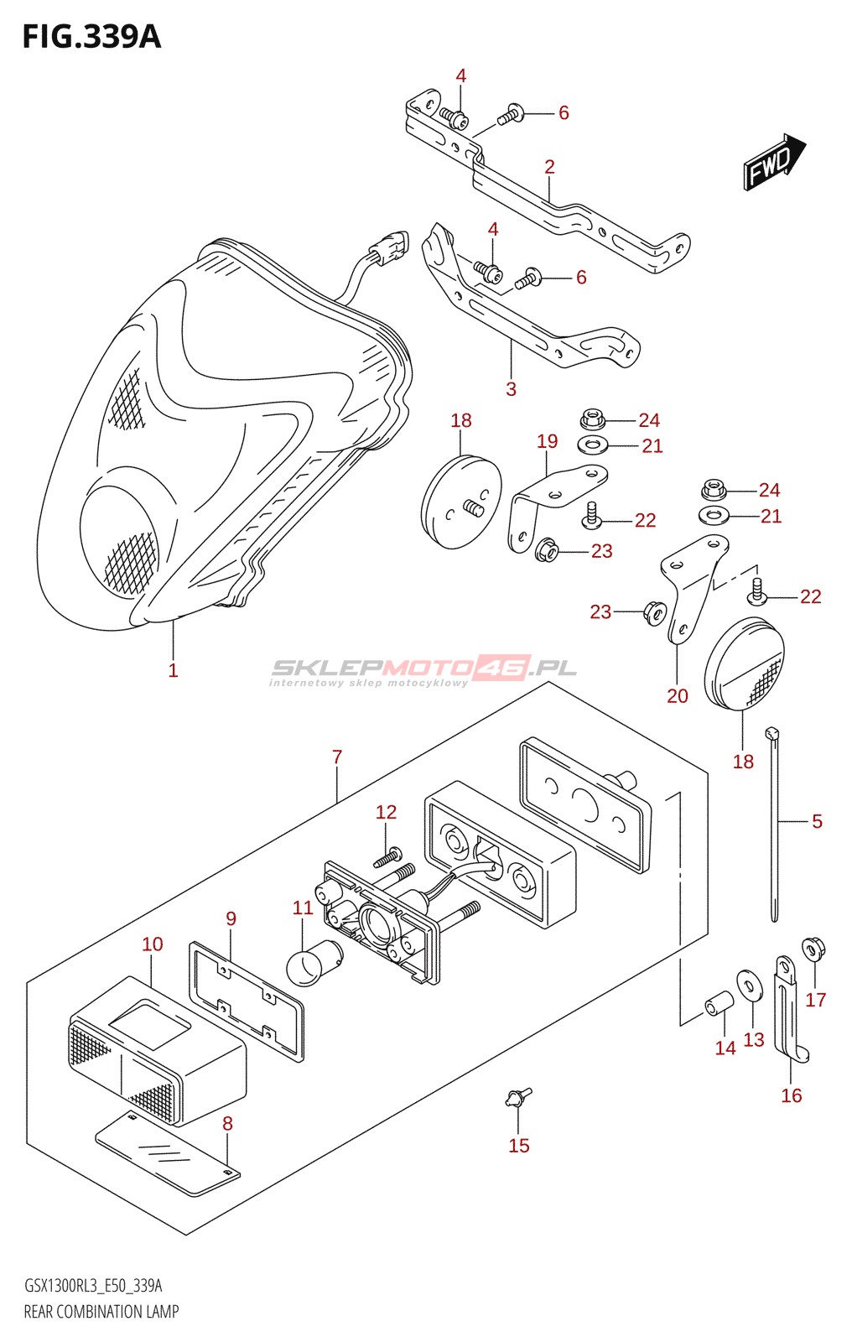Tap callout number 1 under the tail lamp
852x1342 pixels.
[173, 670]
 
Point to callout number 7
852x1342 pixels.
[337, 757]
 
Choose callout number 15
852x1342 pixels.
[519, 1146]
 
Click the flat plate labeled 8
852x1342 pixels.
[168, 1154]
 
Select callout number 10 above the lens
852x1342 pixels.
[153, 944]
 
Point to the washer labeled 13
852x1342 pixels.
[749, 986]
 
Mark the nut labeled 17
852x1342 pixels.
[813, 949]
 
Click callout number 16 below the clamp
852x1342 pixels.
[792, 1095]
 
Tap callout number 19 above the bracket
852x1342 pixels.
[547, 441]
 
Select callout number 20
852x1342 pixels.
[678, 695]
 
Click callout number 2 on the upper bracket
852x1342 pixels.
[549, 167]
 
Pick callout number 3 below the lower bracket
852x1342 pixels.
[511, 389]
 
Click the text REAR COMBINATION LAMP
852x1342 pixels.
[101, 1312]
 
